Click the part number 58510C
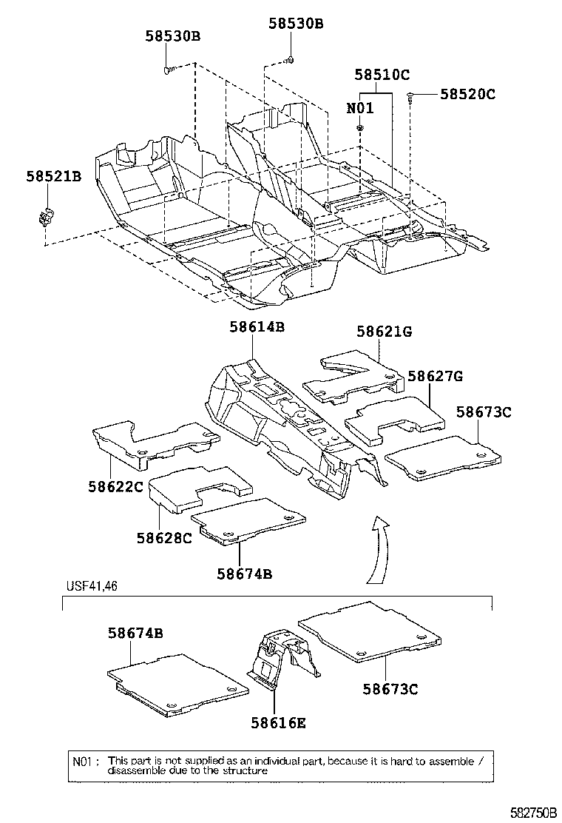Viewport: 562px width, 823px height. tap(382, 75)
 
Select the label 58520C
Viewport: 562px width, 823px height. tap(467, 94)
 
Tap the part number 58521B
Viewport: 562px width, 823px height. tap(54, 176)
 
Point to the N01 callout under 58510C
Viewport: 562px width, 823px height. tap(360, 108)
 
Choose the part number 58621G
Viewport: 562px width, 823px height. tap(384, 332)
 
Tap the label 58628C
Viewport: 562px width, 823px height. tap(164, 537)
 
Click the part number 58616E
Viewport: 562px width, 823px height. tap(278, 722)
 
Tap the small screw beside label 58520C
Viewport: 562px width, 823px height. tap(410, 95)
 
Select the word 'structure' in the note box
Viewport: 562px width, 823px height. tap(246, 770)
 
